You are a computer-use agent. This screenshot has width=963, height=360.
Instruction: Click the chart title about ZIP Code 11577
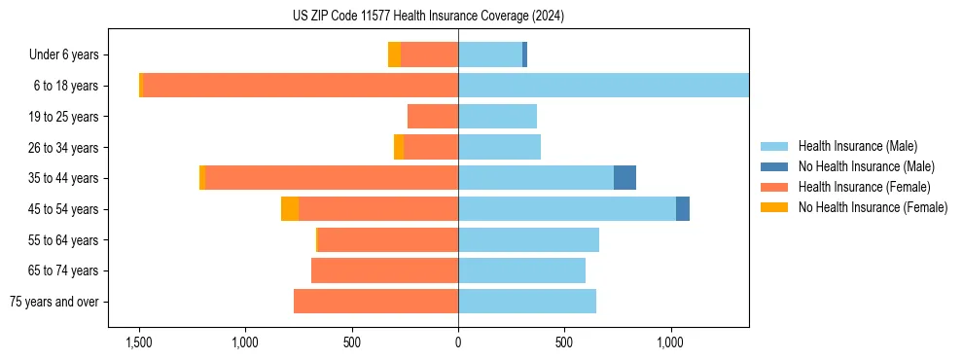[428, 16]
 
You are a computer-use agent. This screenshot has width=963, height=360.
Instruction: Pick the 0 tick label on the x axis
[458, 342]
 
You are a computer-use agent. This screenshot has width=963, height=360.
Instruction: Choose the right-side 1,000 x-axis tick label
[670, 342]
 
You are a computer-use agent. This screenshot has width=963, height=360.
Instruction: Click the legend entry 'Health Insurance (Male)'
[857, 146]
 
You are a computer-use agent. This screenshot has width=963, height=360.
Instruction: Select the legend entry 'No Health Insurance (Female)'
[873, 207]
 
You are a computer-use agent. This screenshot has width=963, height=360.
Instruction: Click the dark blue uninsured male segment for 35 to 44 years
[624, 178]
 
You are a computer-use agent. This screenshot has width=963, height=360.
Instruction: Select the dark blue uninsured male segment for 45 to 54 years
[683, 209]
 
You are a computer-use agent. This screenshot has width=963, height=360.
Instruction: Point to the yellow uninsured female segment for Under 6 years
[394, 55]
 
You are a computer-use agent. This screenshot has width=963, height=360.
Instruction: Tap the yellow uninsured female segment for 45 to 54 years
[290, 209]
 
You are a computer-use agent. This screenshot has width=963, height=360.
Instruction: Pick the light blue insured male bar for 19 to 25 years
[497, 117]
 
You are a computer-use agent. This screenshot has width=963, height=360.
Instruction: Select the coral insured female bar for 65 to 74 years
[384, 270]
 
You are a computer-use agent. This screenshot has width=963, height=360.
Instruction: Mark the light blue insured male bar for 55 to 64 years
[528, 240]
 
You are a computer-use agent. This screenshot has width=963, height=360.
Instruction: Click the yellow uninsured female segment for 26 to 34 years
[399, 148]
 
